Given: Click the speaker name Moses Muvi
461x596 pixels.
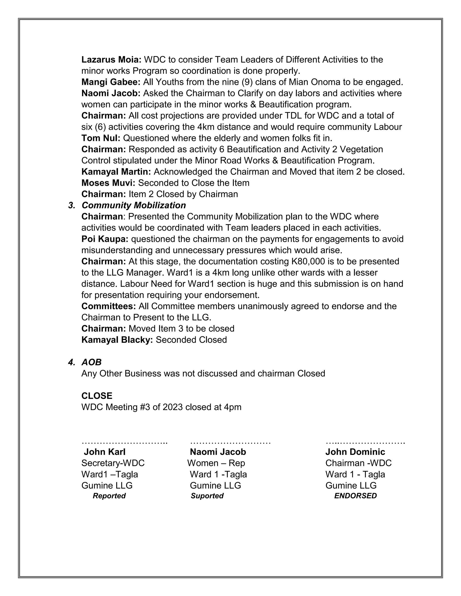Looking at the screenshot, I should [108, 183].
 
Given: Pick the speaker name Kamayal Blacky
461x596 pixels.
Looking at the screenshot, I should [117, 340].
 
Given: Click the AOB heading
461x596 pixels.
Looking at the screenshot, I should [91, 362].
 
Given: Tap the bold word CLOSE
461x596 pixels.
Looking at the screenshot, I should [97, 396].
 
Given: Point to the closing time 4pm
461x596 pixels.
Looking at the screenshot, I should [233, 407].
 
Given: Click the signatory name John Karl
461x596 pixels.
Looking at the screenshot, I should [105, 452].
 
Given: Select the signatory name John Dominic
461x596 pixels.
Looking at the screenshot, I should [355, 452].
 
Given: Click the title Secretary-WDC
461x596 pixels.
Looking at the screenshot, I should [113, 463].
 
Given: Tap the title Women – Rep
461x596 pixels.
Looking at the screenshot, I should [216, 463].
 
